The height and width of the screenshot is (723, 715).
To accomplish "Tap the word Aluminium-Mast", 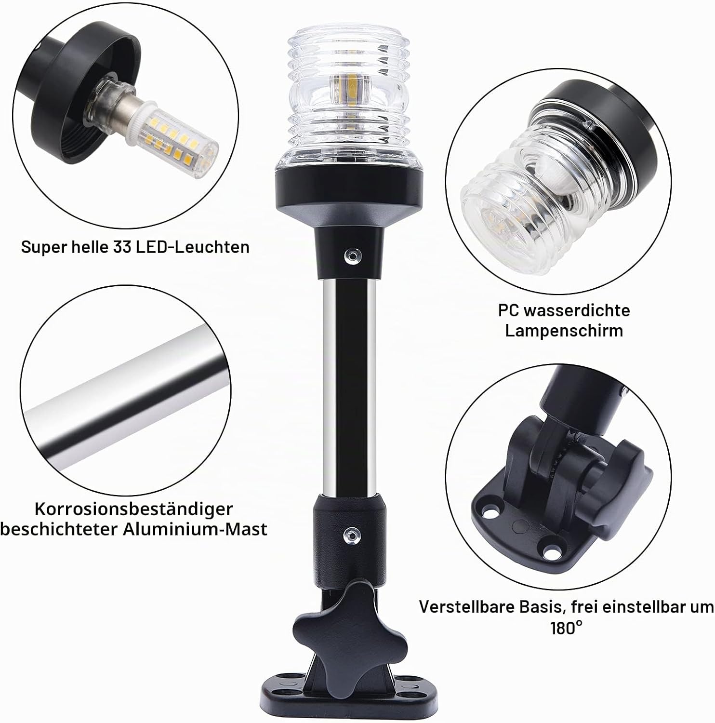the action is (195, 529).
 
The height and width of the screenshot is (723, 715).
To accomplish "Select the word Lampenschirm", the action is (564, 331).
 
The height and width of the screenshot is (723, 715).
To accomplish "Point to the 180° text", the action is (566, 628).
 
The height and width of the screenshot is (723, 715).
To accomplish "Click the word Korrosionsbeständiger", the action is (133, 509).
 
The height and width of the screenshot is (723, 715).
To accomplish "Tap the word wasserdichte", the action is (577, 310).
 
